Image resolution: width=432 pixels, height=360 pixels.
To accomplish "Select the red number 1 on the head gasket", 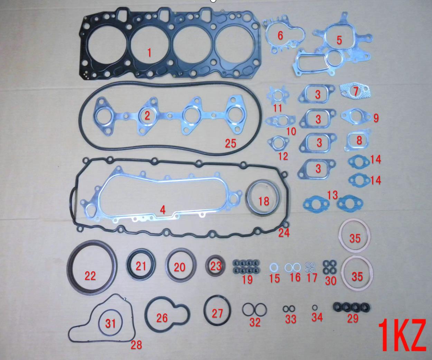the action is point(149,53).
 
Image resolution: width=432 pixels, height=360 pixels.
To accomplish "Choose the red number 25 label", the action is point(231,143).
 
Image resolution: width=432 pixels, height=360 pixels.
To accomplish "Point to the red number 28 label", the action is point(137,345).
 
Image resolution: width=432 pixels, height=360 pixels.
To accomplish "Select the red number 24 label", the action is point(284,233).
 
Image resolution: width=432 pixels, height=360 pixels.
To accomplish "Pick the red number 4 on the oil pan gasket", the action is point(163,210).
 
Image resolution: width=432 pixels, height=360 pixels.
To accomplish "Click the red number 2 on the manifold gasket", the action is point(147,116).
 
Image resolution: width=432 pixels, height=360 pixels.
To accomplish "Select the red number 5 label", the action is point(339,40).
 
